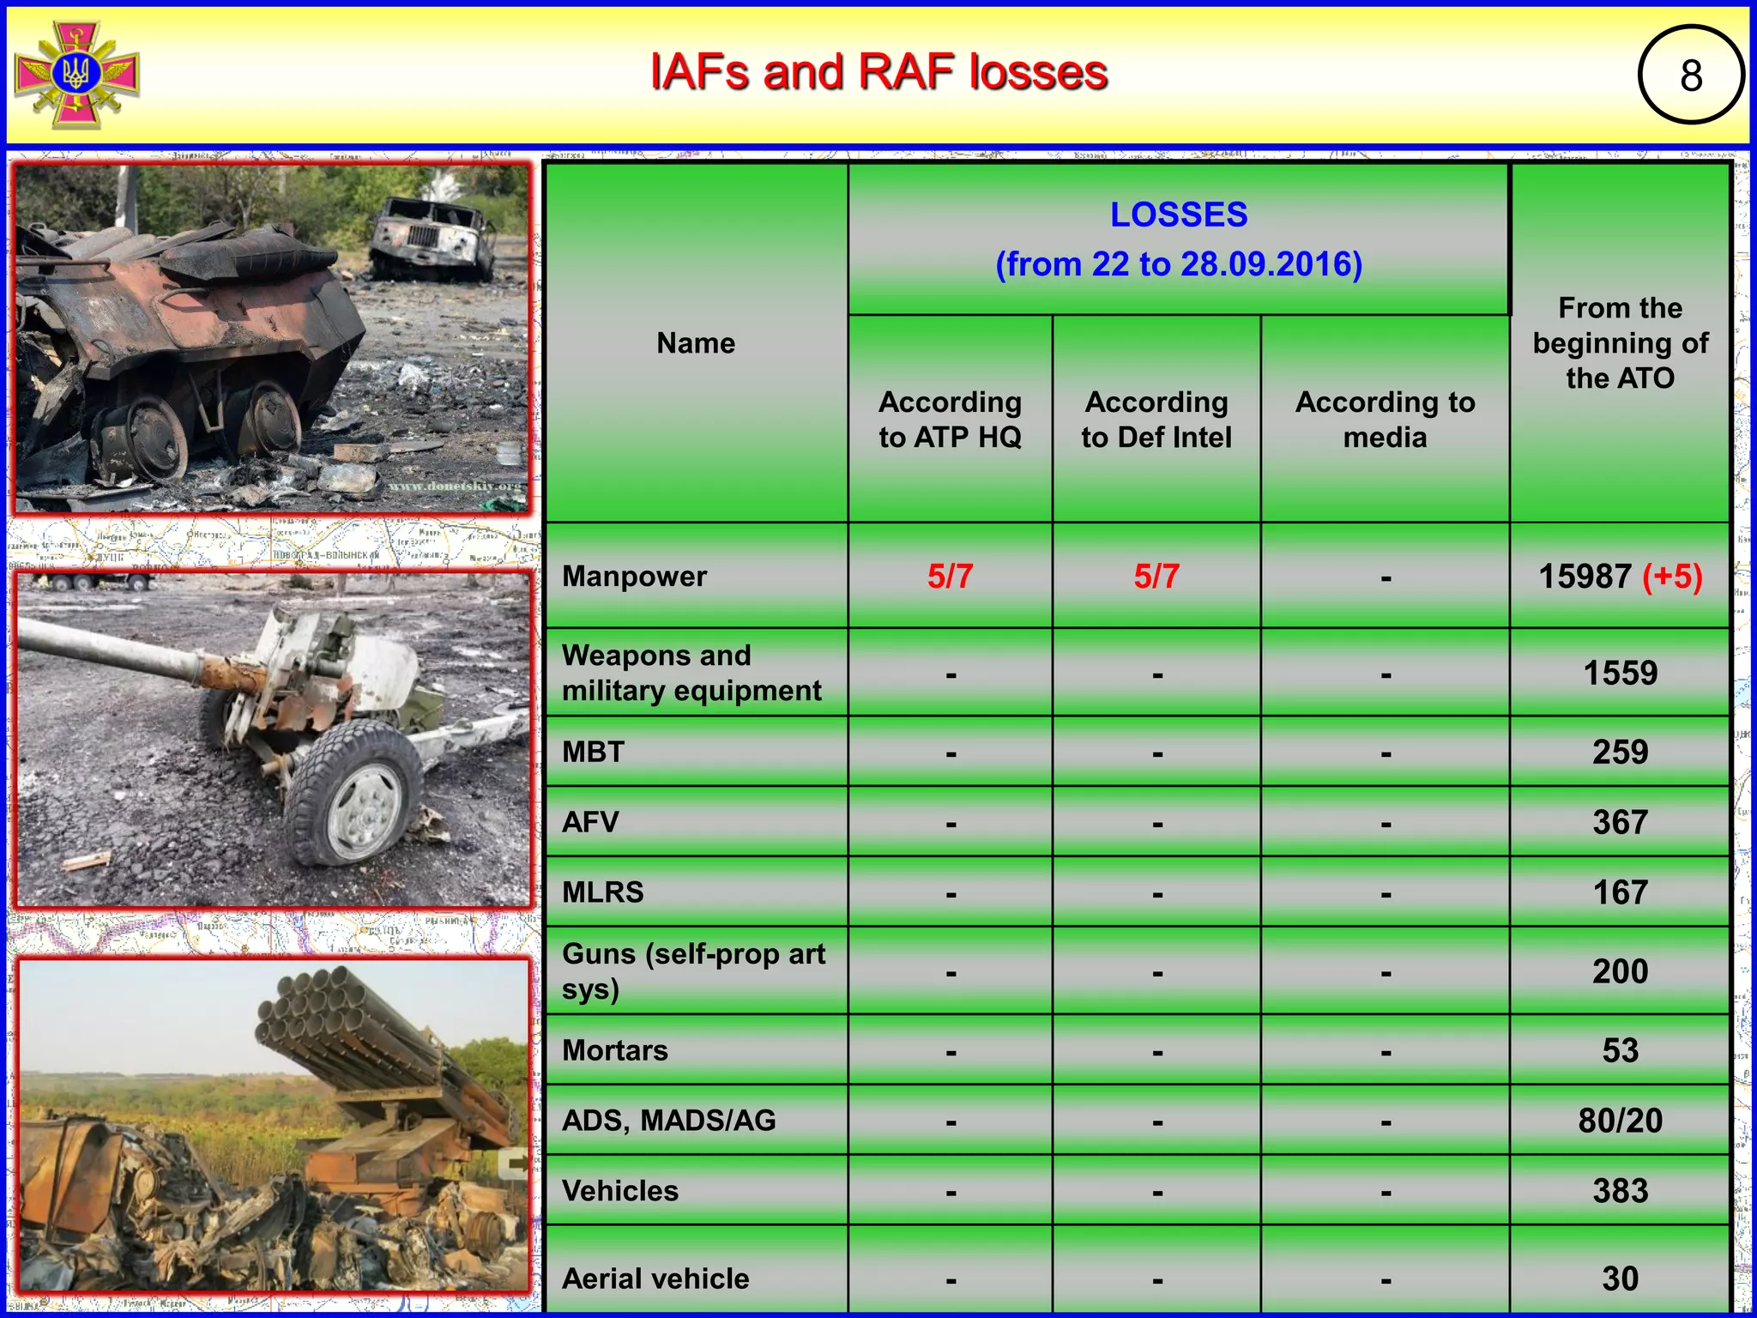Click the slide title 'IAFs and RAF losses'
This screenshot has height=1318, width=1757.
[878, 72]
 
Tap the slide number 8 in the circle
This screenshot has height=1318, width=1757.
[1690, 76]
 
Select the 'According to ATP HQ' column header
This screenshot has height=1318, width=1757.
[950, 420]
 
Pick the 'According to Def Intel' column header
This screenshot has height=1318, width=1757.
[1156, 420]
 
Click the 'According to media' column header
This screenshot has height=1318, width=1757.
[1385, 420]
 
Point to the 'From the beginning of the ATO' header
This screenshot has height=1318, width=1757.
[1620, 343]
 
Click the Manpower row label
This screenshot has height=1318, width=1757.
[635, 577]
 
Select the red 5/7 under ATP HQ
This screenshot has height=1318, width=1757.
[950, 577]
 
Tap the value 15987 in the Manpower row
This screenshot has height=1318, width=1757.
[1584, 577]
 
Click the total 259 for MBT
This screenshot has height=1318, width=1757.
[1620, 753]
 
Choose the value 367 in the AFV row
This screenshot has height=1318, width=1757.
[1620, 823]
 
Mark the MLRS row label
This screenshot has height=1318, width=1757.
[603, 892]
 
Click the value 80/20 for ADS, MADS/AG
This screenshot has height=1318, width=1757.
[1620, 1121]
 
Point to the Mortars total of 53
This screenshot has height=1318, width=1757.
[1620, 1051]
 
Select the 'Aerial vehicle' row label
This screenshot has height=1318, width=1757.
[655, 1279]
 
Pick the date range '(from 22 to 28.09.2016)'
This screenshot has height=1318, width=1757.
[1179, 264]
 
